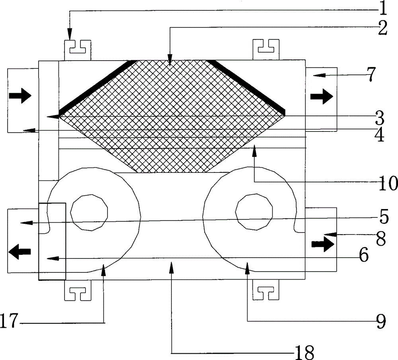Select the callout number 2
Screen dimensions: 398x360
(x=382, y=28)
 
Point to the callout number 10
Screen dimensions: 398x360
(x=388, y=183)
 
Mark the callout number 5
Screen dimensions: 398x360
(x=384, y=217)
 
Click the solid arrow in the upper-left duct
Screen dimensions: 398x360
(x=20, y=96)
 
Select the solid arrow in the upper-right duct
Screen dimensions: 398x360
(x=322, y=96)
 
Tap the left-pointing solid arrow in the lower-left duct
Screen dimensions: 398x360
(x=20, y=252)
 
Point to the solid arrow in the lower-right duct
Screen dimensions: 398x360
(x=323, y=244)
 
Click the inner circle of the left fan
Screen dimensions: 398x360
(x=89, y=212)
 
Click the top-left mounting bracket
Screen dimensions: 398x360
(x=78, y=50)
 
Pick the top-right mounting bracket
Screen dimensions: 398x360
(x=266, y=49)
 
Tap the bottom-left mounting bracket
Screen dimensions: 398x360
(x=78, y=290)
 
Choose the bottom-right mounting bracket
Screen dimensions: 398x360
(x=266, y=290)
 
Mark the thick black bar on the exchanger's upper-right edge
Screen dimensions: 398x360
(x=246, y=88)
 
